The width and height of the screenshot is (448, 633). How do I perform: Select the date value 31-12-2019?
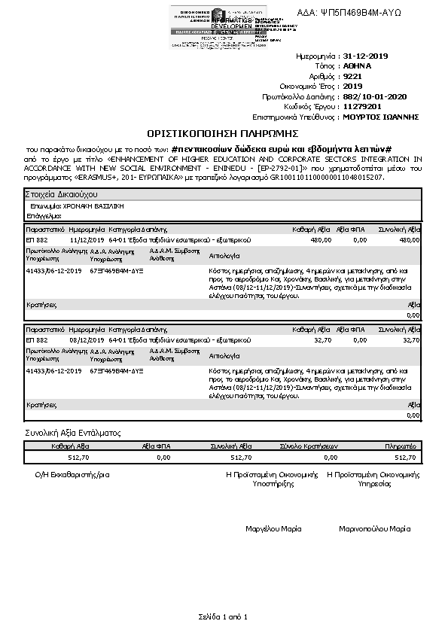tap(366, 56)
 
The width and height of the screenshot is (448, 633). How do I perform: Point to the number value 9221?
tap(352, 77)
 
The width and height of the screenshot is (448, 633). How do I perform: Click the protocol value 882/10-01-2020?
tap(374, 97)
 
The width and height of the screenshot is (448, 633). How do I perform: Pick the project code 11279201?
tap(362, 107)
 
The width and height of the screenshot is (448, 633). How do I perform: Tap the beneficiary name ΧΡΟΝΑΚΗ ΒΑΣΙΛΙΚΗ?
tap(93, 205)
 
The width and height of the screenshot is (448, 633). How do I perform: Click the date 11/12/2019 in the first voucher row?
tap(84, 239)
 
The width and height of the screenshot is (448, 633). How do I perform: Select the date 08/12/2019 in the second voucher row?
tap(84, 340)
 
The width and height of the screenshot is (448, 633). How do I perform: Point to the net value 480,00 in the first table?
tap(321, 239)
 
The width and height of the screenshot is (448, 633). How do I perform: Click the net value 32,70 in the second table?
tap(322, 340)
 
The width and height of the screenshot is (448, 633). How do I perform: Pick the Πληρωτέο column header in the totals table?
tap(400, 446)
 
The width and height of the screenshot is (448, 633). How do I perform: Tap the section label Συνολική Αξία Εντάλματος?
tap(73, 433)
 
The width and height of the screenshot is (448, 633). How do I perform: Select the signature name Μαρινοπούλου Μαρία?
tap(375, 529)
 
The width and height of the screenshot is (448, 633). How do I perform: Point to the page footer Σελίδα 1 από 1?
tap(223, 617)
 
